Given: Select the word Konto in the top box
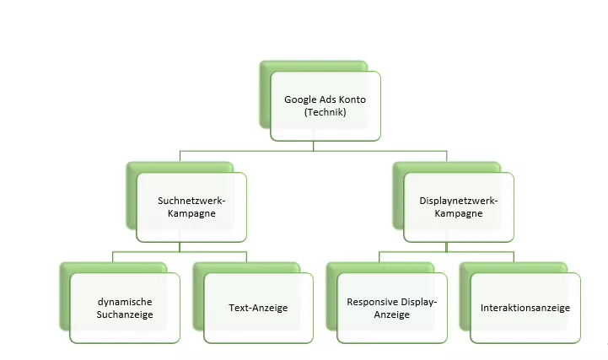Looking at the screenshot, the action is (x=352, y=99).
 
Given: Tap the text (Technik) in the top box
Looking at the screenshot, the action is (x=325, y=112).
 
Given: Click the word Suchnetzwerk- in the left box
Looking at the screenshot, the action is (x=191, y=201).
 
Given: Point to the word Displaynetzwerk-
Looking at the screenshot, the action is (x=459, y=201).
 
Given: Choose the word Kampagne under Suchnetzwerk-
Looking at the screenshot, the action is (x=191, y=213).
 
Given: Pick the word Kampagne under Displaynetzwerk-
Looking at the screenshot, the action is (x=459, y=213).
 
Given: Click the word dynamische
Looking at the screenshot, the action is (x=125, y=302).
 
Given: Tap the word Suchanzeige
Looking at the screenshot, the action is (x=125, y=314).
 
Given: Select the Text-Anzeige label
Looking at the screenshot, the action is (x=258, y=308).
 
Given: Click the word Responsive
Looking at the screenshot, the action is (x=368, y=302).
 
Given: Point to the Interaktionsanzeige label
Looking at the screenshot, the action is (x=525, y=308).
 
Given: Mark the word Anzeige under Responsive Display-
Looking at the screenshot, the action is (x=391, y=314).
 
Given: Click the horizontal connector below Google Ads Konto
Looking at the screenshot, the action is (x=314, y=151).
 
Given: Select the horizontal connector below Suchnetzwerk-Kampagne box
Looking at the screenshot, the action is (x=180, y=252).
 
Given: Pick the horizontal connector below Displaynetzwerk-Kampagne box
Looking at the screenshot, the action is (x=446, y=252).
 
